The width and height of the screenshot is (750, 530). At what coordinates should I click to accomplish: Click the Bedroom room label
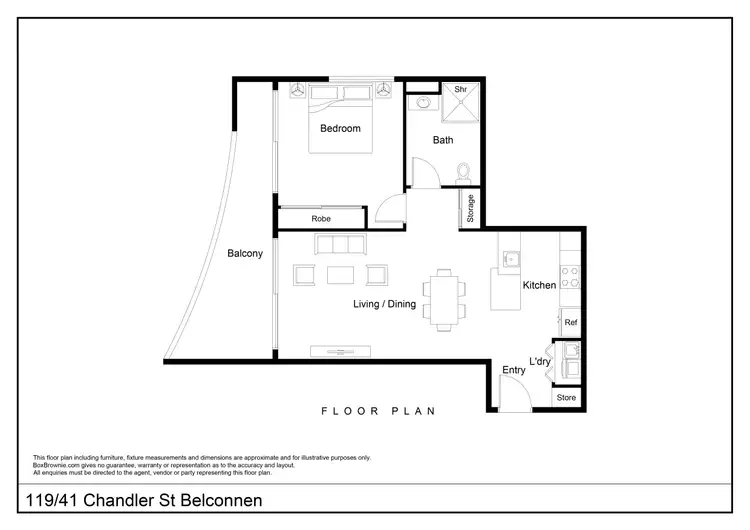pyautogui.click(x=340, y=129)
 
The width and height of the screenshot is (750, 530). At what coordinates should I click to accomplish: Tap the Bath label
pyautogui.click(x=443, y=141)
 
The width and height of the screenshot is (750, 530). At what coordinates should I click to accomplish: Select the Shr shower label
pyautogui.click(x=461, y=90)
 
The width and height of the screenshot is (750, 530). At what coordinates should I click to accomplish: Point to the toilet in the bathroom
pyautogui.click(x=461, y=172)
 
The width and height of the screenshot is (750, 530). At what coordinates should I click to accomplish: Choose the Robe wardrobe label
pyautogui.click(x=321, y=219)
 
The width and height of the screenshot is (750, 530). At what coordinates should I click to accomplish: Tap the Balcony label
pyautogui.click(x=245, y=254)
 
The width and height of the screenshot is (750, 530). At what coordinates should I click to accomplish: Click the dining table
pyautogui.click(x=444, y=299)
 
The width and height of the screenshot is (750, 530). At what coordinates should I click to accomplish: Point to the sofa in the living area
pyautogui.click(x=340, y=244)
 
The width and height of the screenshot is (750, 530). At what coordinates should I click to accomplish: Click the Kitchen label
pyautogui.click(x=539, y=286)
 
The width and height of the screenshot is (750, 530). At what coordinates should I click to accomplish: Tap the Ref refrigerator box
pyautogui.click(x=571, y=323)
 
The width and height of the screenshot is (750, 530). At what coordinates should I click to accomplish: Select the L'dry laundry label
pyautogui.click(x=540, y=361)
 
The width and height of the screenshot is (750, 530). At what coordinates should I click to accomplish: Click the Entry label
pyautogui.click(x=514, y=370)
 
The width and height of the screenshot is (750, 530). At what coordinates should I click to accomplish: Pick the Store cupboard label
pyautogui.click(x=567, y=398)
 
